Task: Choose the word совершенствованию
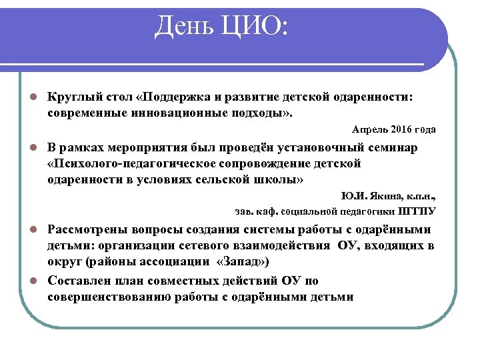click(x=111, y=296)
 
